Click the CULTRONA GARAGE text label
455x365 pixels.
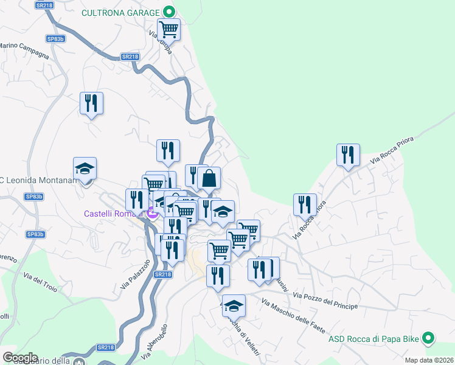(120, 12)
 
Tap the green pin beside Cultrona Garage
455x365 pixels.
(168, 12)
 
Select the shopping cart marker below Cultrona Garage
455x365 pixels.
(168, 29)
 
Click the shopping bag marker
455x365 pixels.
(209, 179)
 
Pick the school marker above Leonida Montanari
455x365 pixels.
(85, 169)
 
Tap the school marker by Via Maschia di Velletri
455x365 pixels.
(233, 306)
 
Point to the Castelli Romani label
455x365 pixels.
(113, 214)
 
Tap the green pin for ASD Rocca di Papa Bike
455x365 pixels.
(428, 338)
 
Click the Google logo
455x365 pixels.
(19, 358)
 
